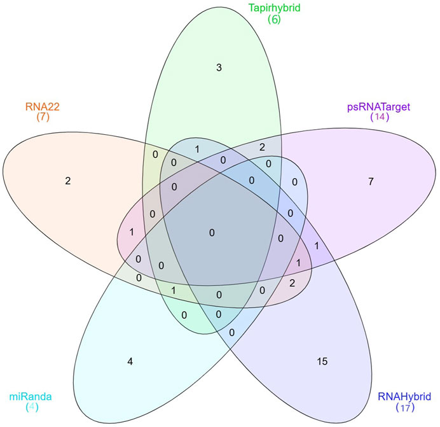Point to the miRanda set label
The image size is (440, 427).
coord(30,396)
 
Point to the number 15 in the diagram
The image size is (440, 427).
coord(322,361)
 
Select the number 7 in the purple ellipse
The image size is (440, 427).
coord(371,182)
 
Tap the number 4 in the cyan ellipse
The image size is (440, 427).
coord(130,361)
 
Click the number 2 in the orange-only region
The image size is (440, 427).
coord(67,180)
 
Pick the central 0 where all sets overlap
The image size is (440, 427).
coord(212,233)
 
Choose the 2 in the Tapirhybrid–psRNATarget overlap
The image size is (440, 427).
coord(262,148)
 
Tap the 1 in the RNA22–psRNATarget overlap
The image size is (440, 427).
coord(130,232)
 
